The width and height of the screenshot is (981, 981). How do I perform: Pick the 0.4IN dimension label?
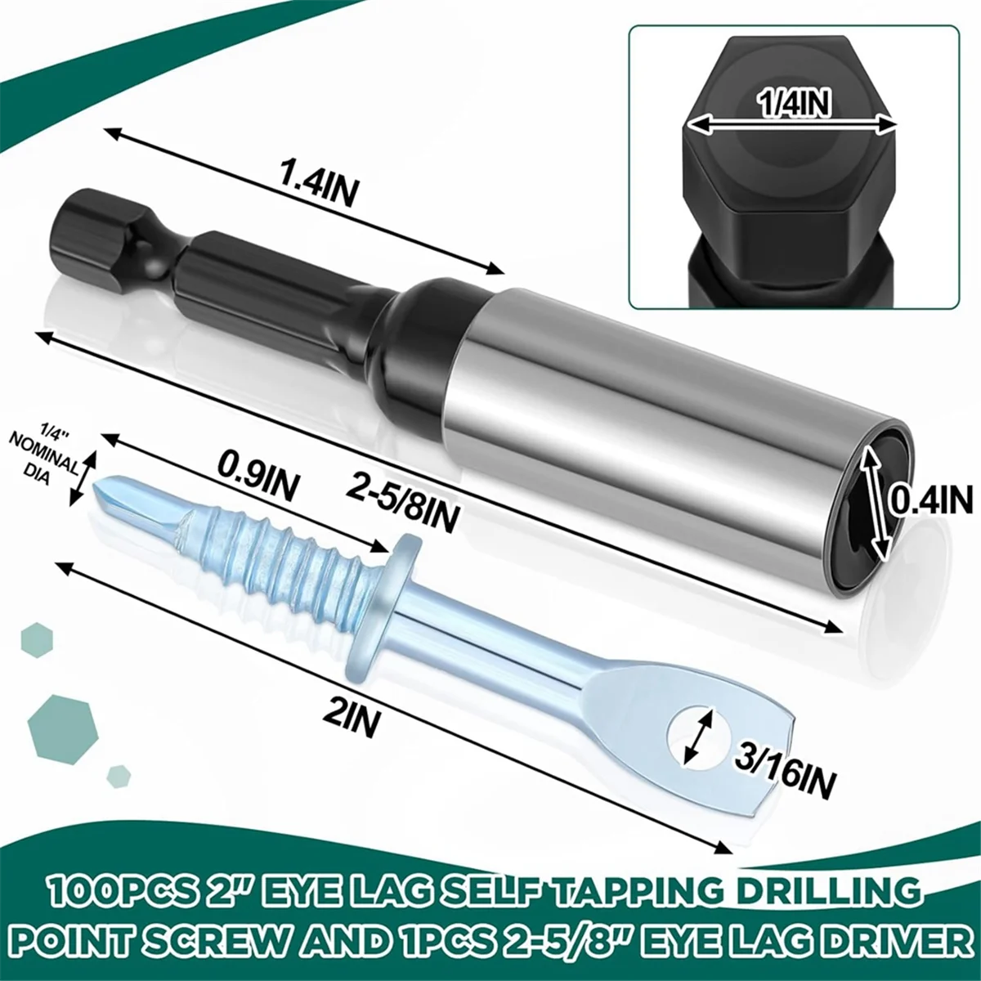point(932,498)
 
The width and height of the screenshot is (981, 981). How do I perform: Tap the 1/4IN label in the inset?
point(794,104)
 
